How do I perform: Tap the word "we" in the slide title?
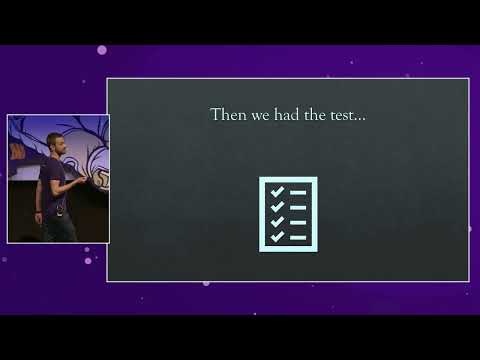258,116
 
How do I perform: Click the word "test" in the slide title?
341,116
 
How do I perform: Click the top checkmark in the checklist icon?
277,190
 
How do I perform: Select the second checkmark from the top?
277,205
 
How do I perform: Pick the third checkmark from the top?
277,220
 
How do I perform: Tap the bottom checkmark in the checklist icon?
277,236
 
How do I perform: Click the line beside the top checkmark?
298,191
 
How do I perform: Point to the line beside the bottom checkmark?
298,237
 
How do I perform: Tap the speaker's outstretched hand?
81,181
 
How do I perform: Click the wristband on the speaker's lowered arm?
39,212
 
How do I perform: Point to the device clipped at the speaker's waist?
60,209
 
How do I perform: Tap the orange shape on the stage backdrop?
15,150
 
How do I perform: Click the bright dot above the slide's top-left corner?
102,50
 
